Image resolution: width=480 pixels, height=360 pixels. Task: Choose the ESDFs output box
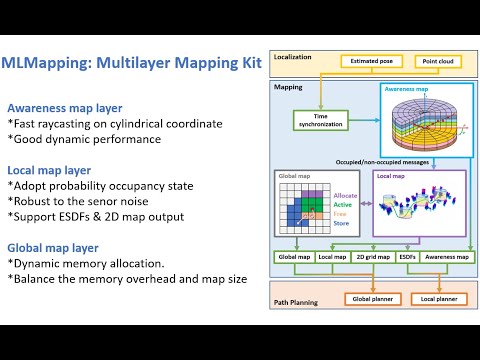coord(407,257)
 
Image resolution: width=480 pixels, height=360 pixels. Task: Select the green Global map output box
coord(294,257)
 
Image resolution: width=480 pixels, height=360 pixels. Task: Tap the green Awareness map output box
coord(446,257)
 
